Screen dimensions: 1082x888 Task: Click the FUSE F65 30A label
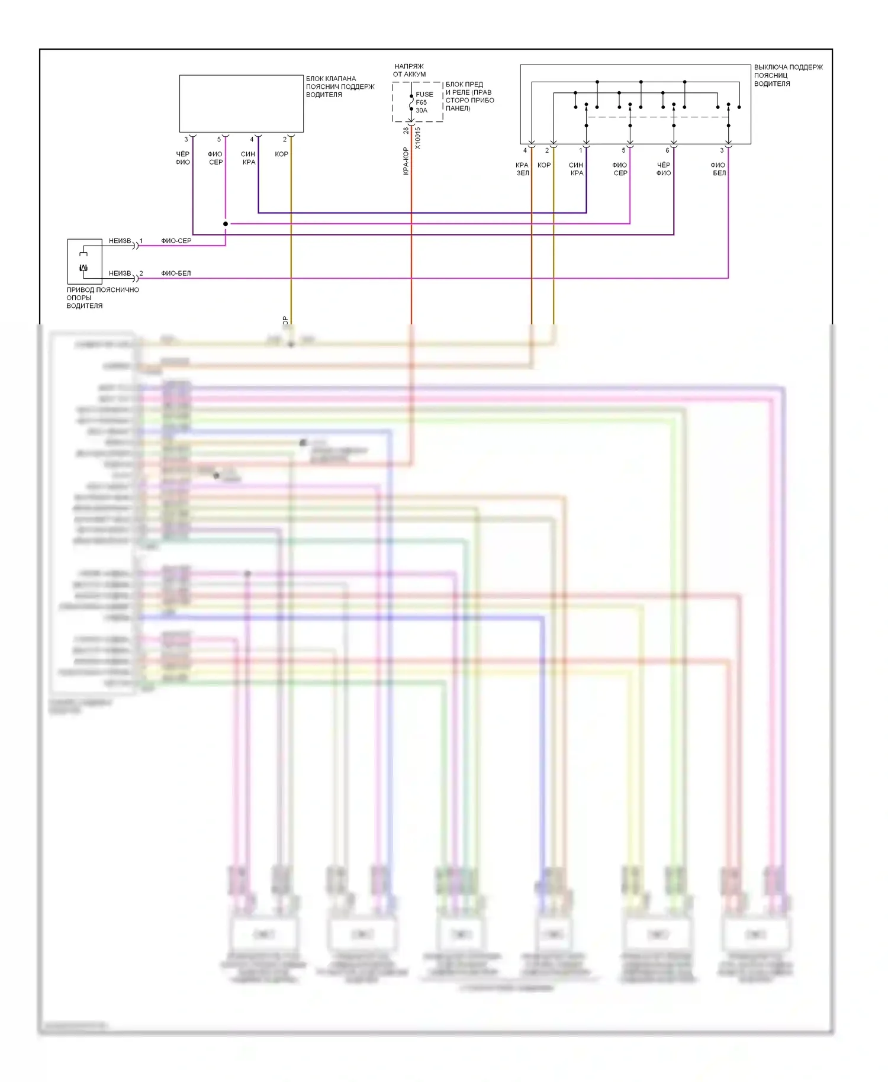pos(424,102)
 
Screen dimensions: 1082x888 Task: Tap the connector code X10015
pos(417,138)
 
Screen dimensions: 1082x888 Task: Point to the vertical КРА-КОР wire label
pos(406,160)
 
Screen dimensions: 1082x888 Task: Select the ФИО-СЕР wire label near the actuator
pos(176,241)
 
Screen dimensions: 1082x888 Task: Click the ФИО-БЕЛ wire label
pos(176,273)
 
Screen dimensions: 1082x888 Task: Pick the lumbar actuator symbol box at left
pos(84,262)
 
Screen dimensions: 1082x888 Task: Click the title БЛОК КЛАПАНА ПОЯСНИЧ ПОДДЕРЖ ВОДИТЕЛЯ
pos(340,86)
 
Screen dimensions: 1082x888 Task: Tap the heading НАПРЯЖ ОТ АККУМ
pos(409,70)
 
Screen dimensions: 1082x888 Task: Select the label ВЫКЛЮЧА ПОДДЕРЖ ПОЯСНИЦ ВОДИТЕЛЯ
pos(788,75)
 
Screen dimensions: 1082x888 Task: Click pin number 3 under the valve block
pos(186,140)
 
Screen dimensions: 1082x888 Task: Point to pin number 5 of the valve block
pos(219,140)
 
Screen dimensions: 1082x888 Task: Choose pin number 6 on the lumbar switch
pos(667,150)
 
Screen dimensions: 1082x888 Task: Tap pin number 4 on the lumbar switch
pos(525,150)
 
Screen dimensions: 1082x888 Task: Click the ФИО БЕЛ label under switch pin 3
pos(719,169)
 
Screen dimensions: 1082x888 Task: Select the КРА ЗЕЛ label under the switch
pos(522,169)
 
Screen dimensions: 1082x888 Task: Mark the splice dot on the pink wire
pos(226,224)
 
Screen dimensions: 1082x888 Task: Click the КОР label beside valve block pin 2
pos(281,154)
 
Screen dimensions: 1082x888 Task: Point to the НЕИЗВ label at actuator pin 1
pos(120,241)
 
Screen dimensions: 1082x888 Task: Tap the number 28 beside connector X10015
pos(406,130)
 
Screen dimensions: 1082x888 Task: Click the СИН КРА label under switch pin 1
pos(577,169)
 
